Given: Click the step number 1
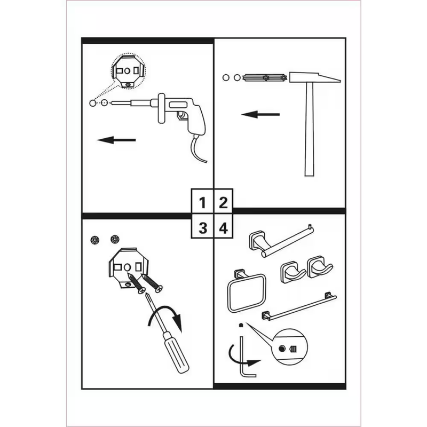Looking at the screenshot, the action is pyautogui.click(x=202, y=203).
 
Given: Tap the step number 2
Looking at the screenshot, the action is pyautogui.click(x=223, y=203).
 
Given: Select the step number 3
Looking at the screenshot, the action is pyautogui.click(x=203, y=228).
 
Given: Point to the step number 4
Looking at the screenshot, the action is pyautogui.click(x=223, y=228).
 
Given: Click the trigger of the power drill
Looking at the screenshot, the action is pyautogui.click(x=181, y=115).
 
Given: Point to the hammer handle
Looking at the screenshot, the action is pyautogui.click(x=310, y=129).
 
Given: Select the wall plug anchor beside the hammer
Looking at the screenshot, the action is pyautogui.click(x=265, y=77).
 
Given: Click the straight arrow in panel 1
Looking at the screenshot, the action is pyautogui.click(x=116, y=140).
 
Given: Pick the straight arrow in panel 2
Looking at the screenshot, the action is pyautogui.click(x=260, y=114).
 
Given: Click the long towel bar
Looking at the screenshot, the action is pyautogui.click(x=299, y=306).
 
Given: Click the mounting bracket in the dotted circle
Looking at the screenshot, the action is pyautogui.click(x=128, y=72).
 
